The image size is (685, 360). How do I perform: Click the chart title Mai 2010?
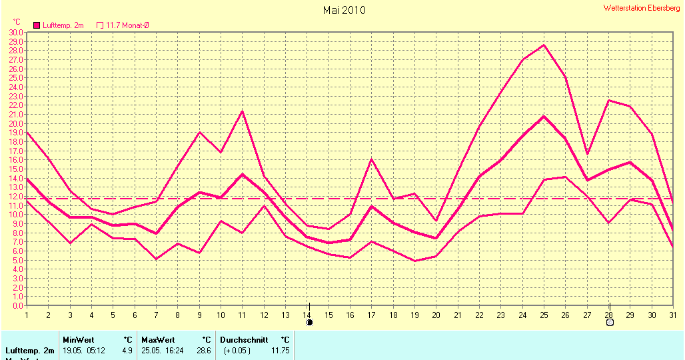pos(344,10)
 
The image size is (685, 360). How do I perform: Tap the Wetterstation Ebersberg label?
pos(642,9)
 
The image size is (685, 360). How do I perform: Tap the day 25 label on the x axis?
pos(544,315)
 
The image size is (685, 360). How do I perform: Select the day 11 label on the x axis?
pos(242,315)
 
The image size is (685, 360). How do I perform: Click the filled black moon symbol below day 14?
pos(310,323)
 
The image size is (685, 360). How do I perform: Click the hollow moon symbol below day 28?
pos(609,323)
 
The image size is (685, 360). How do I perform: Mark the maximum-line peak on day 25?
pos(544,45)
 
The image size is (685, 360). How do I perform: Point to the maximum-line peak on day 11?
pos(242,111)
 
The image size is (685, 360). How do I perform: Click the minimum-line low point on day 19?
pos(414,261)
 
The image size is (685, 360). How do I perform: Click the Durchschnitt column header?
pos(244,339)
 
